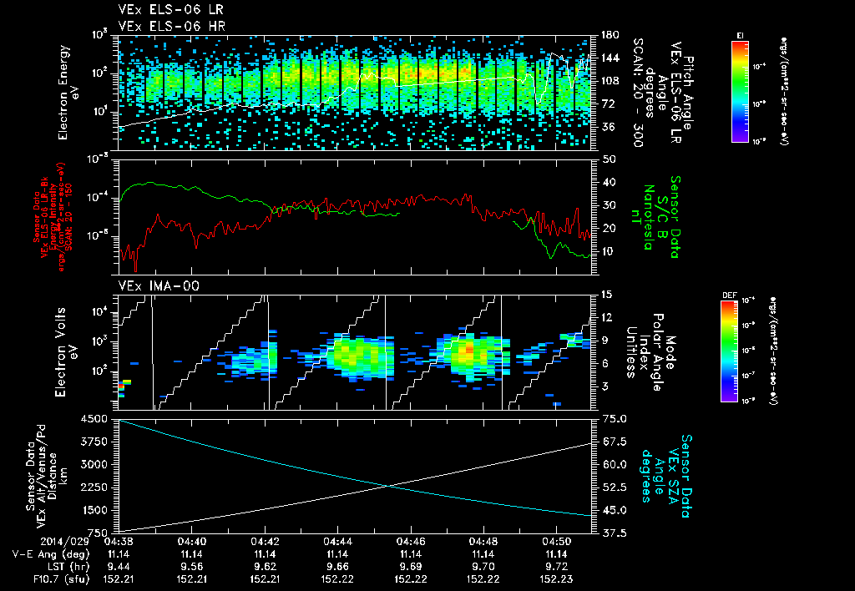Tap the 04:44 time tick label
[337, 540]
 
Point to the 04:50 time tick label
[555, 540]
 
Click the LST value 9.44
[119, 565]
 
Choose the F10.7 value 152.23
[555, 578]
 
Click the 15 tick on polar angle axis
[606, 295]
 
